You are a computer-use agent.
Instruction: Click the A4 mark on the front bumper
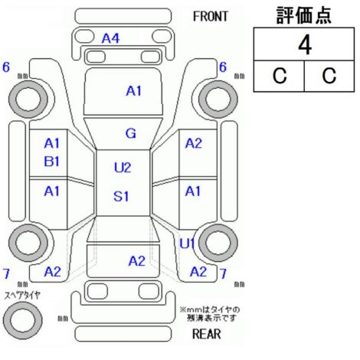[110, 38]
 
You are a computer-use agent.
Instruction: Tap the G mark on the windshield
[131, 133]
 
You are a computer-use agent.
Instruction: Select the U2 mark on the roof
[123, 168]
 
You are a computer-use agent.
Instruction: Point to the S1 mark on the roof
[121, 196]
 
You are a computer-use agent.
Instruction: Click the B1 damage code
[52, 162]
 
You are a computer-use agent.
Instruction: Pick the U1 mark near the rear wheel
[188, 244]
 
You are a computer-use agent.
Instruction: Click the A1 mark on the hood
[134, 91]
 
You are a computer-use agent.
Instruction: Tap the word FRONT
[211, 16]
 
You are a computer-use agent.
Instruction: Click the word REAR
[207, 334]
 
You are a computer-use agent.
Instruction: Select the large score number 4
[305, 45]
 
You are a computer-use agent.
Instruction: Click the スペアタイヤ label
[22, 296]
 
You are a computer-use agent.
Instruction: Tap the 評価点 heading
[304, 15]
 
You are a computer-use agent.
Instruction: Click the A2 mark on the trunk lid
[137, 261]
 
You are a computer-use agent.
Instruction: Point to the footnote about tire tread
[210, 314]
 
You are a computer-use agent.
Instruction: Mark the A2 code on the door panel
[194, 143]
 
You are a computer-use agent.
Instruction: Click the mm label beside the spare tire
[63, 319]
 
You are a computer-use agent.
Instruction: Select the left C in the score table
[280, 76]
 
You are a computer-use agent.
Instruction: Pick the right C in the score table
[329, 76]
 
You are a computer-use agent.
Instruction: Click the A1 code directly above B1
[52, 143]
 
